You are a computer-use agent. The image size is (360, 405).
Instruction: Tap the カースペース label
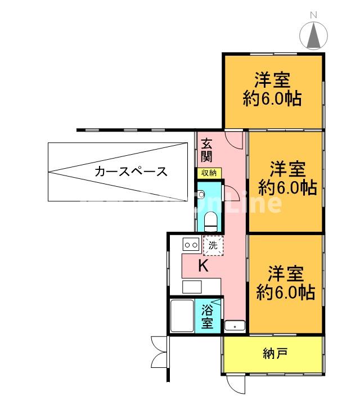pyautogui.click(x=131, y=172)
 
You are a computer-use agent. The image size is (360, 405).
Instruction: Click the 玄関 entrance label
pyautogui.click(x=207, y=150)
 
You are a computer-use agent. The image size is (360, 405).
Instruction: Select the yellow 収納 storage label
pyautogui.click(x=209, y=173)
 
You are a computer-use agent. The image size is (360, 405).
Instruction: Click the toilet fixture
pyautogui.click(x=211, y=220)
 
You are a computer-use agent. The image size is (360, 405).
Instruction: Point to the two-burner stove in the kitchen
pyautogui.click(x=190, y=245)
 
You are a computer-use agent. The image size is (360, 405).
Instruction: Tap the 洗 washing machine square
pyautogui.click(x=213, y=245)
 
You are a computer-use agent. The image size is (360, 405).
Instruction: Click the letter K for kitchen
pyautogui.click(x=204, y=266)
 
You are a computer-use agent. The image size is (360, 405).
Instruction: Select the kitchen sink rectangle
pyautogui.click(x=191, y=286)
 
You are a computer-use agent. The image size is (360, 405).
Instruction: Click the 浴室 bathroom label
pyautogui.click(x=207, y=316)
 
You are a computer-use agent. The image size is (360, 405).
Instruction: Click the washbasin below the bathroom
pyautogui.click(x=234, y=326)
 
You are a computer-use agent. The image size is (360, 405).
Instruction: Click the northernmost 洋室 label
pyautogui.click(x=272, y=89)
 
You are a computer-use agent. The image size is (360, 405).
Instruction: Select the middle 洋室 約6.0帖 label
pyautogui.click(x=287, y=177)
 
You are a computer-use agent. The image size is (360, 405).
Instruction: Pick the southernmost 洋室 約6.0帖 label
pyautogui.click(x=285, y=283)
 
